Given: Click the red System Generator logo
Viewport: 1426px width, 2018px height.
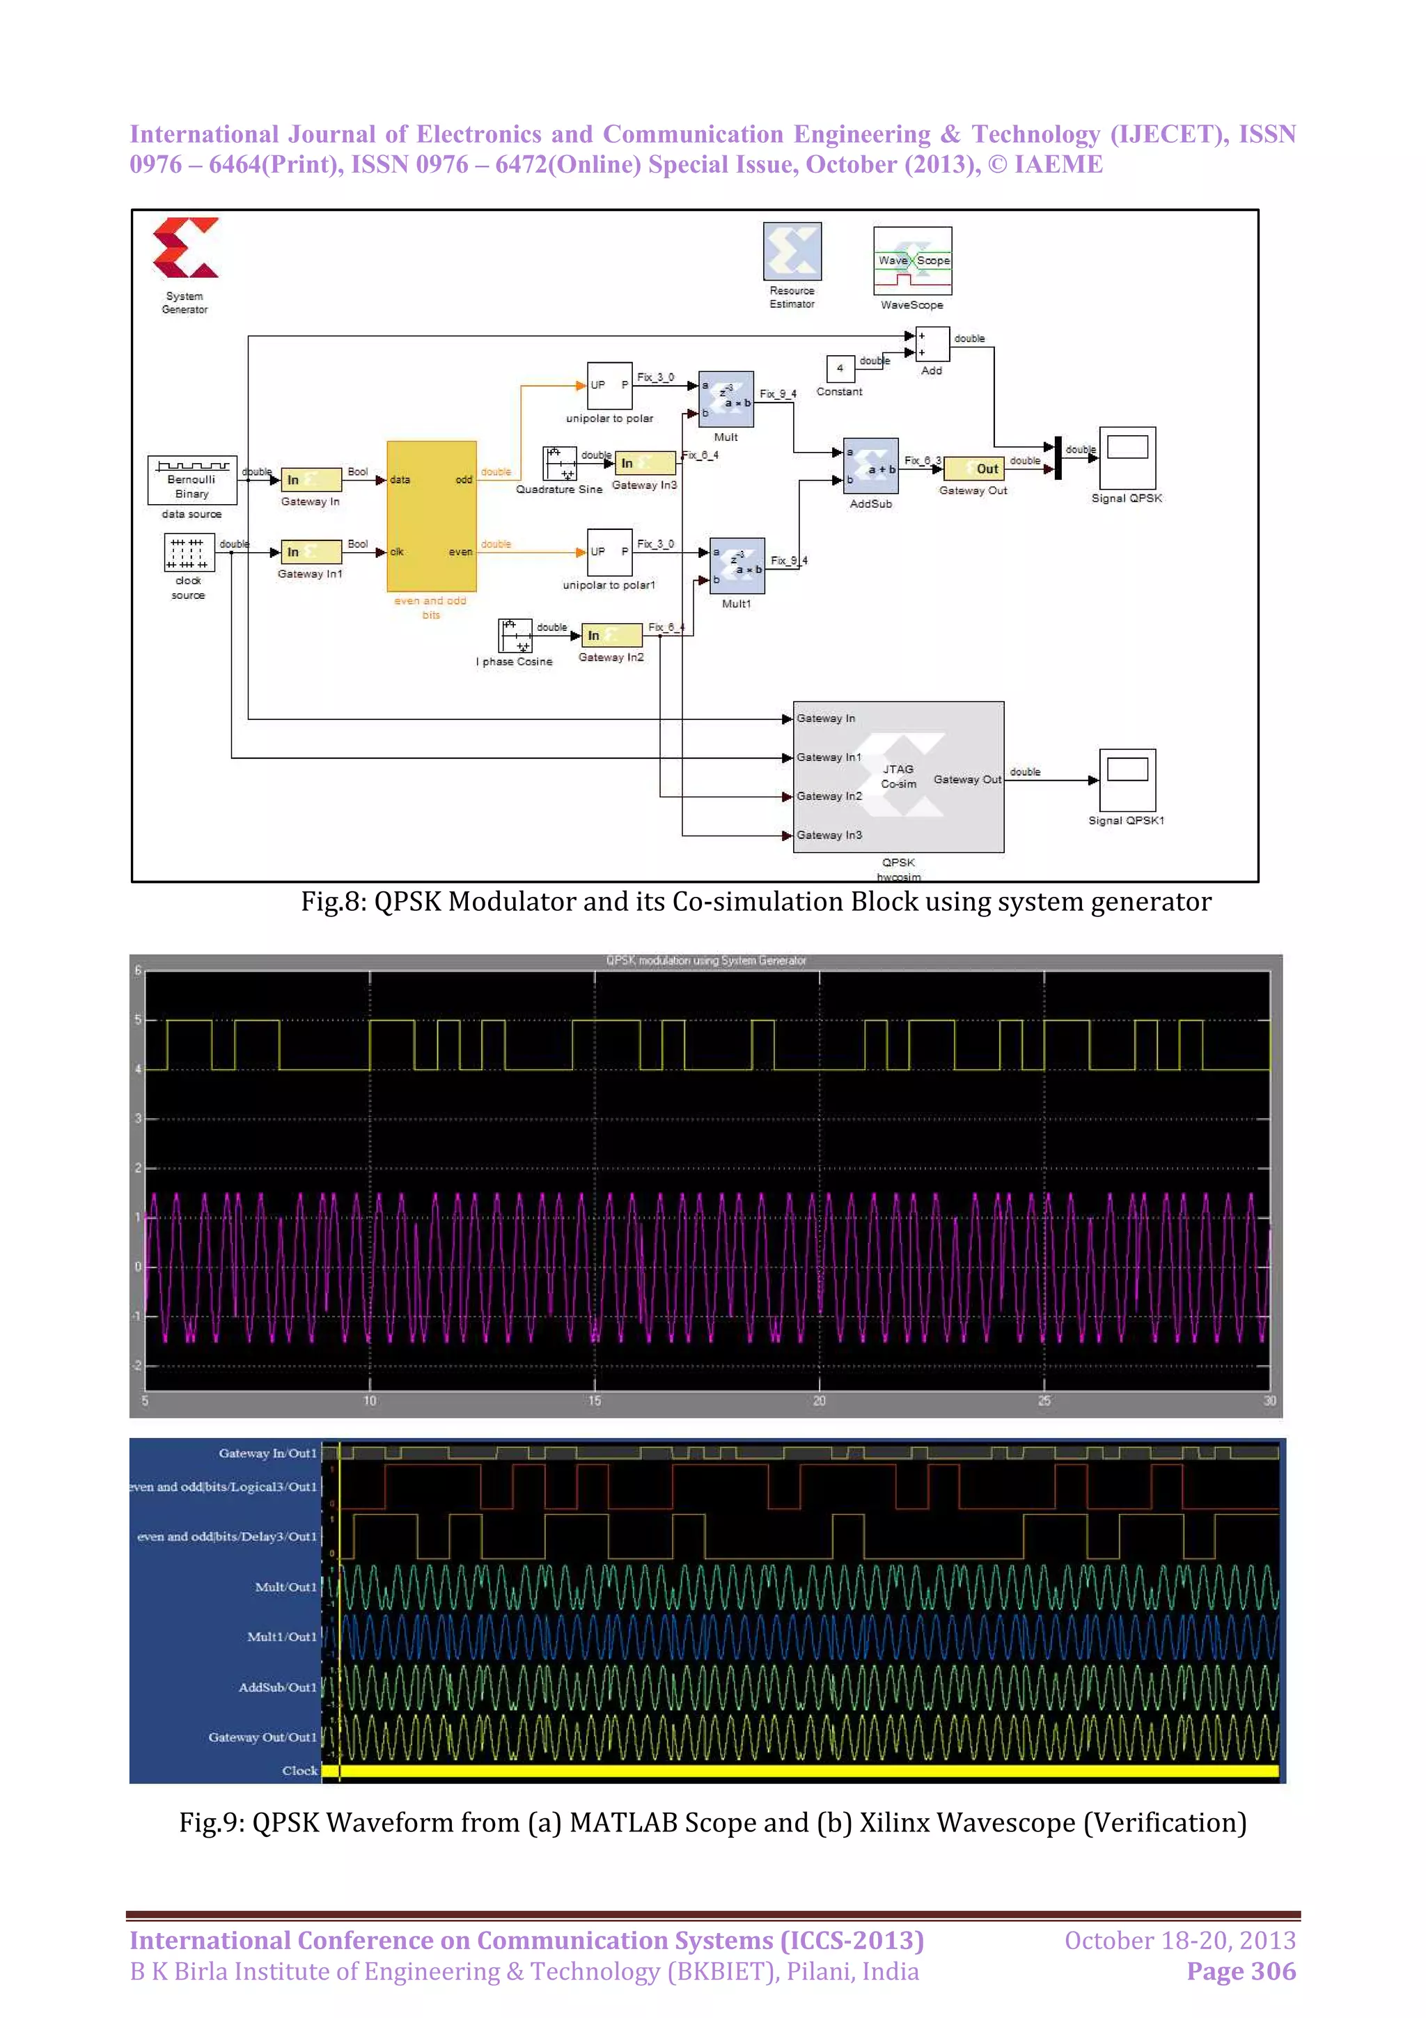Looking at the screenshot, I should point(185,248).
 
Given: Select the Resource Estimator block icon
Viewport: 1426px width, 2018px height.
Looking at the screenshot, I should point(792,251).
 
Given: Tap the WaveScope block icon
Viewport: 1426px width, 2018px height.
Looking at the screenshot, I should point(912,261).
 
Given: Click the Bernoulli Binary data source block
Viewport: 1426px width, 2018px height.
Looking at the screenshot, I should point(191,480).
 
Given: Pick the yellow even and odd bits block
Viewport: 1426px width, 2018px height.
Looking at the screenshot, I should point(432,516).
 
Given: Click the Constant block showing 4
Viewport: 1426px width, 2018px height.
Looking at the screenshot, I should point(839,368).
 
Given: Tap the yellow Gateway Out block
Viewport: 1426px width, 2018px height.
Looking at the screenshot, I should point(973,469).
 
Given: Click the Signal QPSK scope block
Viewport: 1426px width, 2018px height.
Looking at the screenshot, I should point(1127,457).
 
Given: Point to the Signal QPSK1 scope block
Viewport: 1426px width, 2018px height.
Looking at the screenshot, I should point(1127,780).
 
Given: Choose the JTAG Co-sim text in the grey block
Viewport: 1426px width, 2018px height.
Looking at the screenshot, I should point(898,776).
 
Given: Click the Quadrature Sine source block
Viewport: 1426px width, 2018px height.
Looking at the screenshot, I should point(560,463).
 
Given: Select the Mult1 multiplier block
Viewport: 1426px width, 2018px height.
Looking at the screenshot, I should point(736,566).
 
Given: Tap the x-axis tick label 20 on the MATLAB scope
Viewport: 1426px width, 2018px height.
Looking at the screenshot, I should point(819,1400).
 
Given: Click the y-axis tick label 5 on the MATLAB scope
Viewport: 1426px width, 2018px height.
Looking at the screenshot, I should point(138,1019).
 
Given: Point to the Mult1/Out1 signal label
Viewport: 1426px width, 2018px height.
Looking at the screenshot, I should point(281,1636).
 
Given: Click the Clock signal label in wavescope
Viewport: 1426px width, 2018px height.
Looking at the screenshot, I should point(299,1770).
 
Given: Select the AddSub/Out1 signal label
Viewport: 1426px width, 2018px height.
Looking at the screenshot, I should point(276,1687).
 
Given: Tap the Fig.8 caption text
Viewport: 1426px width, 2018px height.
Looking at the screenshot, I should point(755,902).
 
